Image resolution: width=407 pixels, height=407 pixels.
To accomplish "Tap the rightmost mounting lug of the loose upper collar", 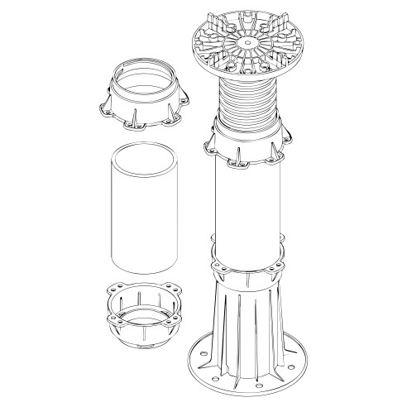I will click(x=180, y=111).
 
